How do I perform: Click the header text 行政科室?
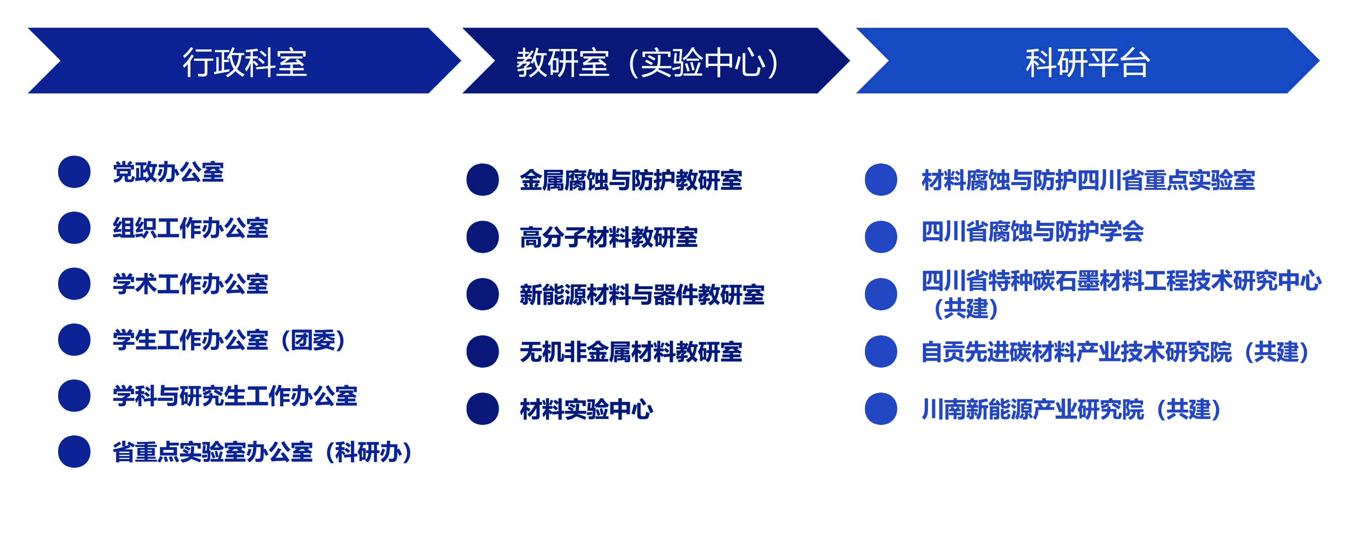[245, 62]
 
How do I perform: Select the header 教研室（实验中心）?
[648, 62]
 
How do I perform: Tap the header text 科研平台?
[1088, 62]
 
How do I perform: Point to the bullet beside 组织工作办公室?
[74, 228]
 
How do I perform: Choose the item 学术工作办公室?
[190, 284]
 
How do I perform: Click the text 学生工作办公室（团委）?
[229, 340]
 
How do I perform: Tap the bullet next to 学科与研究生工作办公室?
[74, 395]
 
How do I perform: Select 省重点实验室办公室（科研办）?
[262, 452]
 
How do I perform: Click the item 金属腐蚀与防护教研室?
[631, 180]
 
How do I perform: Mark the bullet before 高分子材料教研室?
[482, 237]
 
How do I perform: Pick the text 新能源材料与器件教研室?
[642, 294]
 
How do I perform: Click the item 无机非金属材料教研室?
[631, 351]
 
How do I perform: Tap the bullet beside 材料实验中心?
[482, 409]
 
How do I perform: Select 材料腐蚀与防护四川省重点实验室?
[1088, 180]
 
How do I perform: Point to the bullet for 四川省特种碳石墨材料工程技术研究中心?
[881, 294]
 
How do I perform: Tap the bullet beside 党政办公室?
[74, 172]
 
